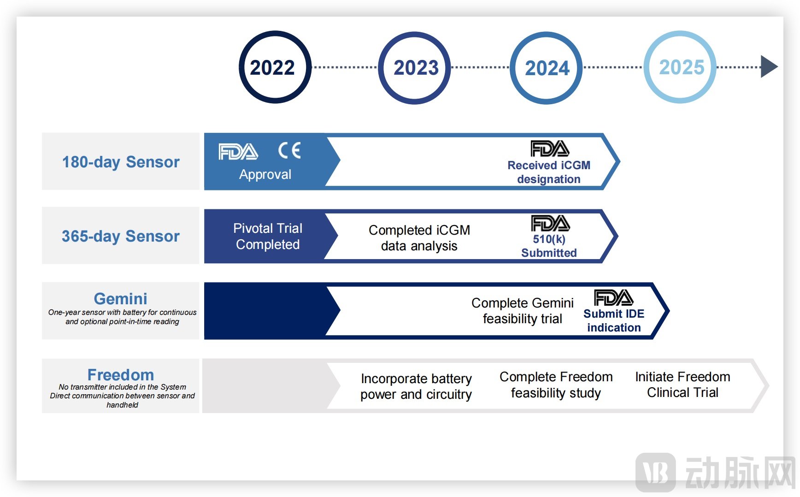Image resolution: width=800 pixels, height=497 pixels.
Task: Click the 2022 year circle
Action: point(275,67)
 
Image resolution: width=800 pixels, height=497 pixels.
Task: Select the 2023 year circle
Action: point(415,67)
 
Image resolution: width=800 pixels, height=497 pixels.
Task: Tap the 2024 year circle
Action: point(547,67)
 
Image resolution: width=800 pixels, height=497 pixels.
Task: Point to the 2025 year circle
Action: point(680,67)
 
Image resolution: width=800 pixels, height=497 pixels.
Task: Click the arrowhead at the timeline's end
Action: point(768,67)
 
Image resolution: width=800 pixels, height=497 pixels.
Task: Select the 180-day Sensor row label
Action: point(121,162)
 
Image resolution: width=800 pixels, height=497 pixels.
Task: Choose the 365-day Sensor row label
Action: point(121,236)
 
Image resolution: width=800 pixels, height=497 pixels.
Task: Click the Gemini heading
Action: point(121,298)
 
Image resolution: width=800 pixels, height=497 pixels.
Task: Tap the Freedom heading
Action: point(121,374)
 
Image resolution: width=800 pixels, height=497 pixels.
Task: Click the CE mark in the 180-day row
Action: point(289,150)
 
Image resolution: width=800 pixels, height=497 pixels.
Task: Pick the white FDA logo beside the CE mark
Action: point(238,151)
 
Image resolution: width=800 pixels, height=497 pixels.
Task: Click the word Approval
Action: point(265,174)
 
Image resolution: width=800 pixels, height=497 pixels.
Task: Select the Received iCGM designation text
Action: point(548,172)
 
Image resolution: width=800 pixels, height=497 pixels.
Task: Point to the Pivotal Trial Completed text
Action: point(268,236)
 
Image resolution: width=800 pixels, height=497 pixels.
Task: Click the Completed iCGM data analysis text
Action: point(419,237)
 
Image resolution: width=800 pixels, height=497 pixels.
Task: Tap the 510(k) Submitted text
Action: point(549,246)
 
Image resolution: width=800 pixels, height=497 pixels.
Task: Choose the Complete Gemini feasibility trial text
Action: point(522,310)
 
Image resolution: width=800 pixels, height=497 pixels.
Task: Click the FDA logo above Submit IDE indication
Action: point(613,298)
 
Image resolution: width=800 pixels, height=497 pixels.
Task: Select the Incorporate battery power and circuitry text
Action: point(416,386)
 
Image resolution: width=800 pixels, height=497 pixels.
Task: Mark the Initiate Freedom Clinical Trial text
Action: point(682,385)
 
